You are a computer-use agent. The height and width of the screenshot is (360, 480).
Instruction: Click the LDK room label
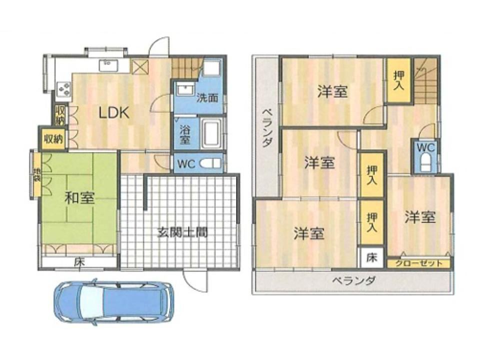point(113,113)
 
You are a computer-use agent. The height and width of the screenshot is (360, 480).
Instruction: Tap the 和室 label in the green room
point(79,198)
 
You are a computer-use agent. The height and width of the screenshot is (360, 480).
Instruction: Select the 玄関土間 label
point(182,232)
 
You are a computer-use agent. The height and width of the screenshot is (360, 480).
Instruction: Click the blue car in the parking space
point(114,301)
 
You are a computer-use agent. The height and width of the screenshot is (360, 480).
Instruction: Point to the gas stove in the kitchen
point(63,88)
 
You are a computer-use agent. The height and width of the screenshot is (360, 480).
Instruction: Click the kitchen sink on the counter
point(107,65)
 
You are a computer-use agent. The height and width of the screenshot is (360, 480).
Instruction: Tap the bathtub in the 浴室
point(211,134)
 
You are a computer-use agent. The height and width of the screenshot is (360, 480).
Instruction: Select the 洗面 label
point(207,98)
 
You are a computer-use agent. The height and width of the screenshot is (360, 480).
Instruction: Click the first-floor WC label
point(186,164)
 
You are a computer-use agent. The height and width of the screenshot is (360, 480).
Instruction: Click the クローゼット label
point(419,263)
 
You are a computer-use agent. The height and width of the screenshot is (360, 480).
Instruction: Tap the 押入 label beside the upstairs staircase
point(398,80)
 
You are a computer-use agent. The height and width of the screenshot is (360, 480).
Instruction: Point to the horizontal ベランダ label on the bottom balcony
point(354,280)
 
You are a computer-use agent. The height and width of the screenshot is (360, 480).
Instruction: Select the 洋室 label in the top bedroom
point(332,92)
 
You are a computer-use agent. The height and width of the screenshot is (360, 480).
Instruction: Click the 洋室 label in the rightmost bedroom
point(420,217)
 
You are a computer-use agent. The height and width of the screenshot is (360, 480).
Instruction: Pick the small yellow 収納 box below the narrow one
point(53,139)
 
